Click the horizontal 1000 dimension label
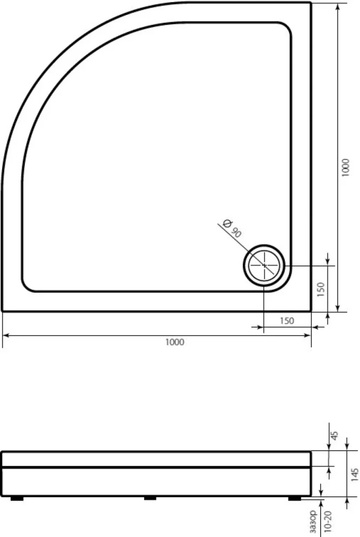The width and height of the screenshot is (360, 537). (174, 342)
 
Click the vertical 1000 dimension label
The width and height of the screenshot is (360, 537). (345, 168)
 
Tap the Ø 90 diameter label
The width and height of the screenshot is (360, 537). (232, 228)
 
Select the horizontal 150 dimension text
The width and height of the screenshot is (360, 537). (287, 321)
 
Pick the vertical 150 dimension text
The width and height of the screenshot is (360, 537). (321, 290)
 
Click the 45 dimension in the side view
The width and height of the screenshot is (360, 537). (335, 435)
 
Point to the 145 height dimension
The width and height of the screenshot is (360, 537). (355, 474)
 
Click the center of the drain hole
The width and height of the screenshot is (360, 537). (264, 265)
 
